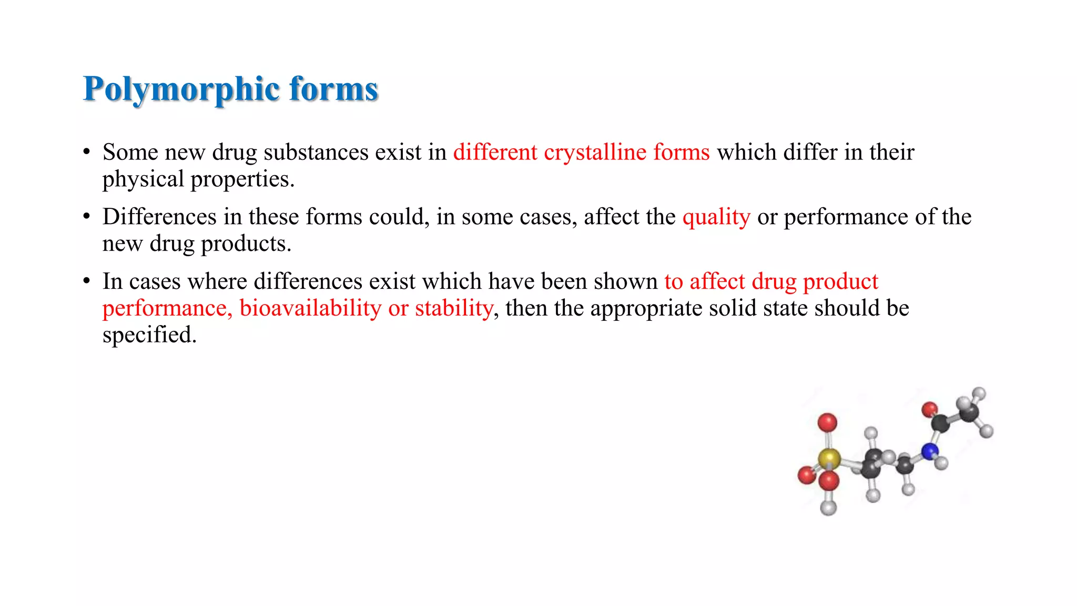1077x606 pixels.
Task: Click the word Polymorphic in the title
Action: pos(181,89)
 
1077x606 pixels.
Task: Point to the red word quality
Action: pos(716,217)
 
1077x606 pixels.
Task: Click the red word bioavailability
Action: pos(310,308)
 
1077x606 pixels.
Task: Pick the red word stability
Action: pos(454,308)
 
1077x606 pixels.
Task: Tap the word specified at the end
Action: pos(149,335)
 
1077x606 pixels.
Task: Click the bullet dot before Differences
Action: pos(87,216)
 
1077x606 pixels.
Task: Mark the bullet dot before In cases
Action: pos(87,281)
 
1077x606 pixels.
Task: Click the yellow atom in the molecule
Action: pos(829,458)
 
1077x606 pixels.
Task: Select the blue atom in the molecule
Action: pos(930,451)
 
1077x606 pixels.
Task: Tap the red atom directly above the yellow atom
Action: pos(827,422)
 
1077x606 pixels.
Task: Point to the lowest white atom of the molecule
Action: pos(828,508)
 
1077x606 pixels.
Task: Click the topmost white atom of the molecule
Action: pos(979,393)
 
